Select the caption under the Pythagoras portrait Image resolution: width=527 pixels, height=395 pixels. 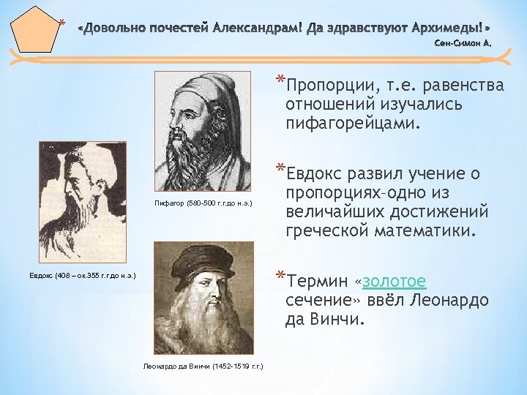[203, 201]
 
